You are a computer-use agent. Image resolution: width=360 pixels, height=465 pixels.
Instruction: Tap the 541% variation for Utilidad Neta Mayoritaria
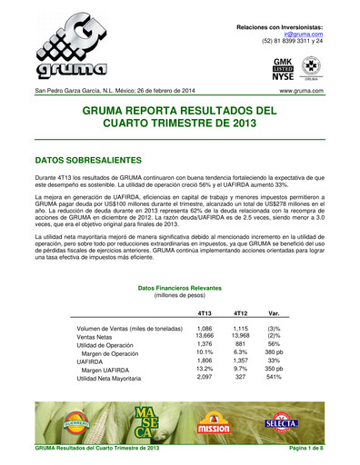pos(273,377)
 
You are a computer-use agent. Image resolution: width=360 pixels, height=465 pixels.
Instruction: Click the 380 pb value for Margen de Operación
pos(273,356)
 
